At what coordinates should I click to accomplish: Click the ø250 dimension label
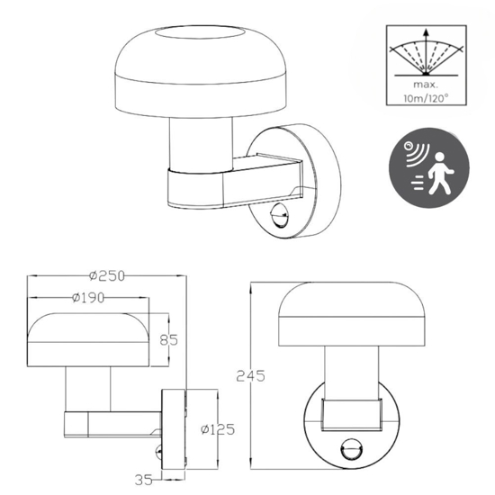point(107,276)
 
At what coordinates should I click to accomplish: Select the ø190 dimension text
point(88,298)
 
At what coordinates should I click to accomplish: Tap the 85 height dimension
point(168,340)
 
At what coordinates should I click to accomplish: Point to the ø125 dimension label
point(218,429)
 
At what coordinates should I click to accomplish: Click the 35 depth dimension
point(144,481)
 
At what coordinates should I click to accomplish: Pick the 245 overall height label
point(251,376)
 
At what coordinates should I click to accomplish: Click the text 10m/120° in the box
point(427,98)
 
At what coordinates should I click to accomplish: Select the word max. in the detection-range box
point(426,85)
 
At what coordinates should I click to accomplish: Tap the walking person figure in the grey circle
point(440,173)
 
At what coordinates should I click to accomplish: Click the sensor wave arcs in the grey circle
point(416,153)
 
